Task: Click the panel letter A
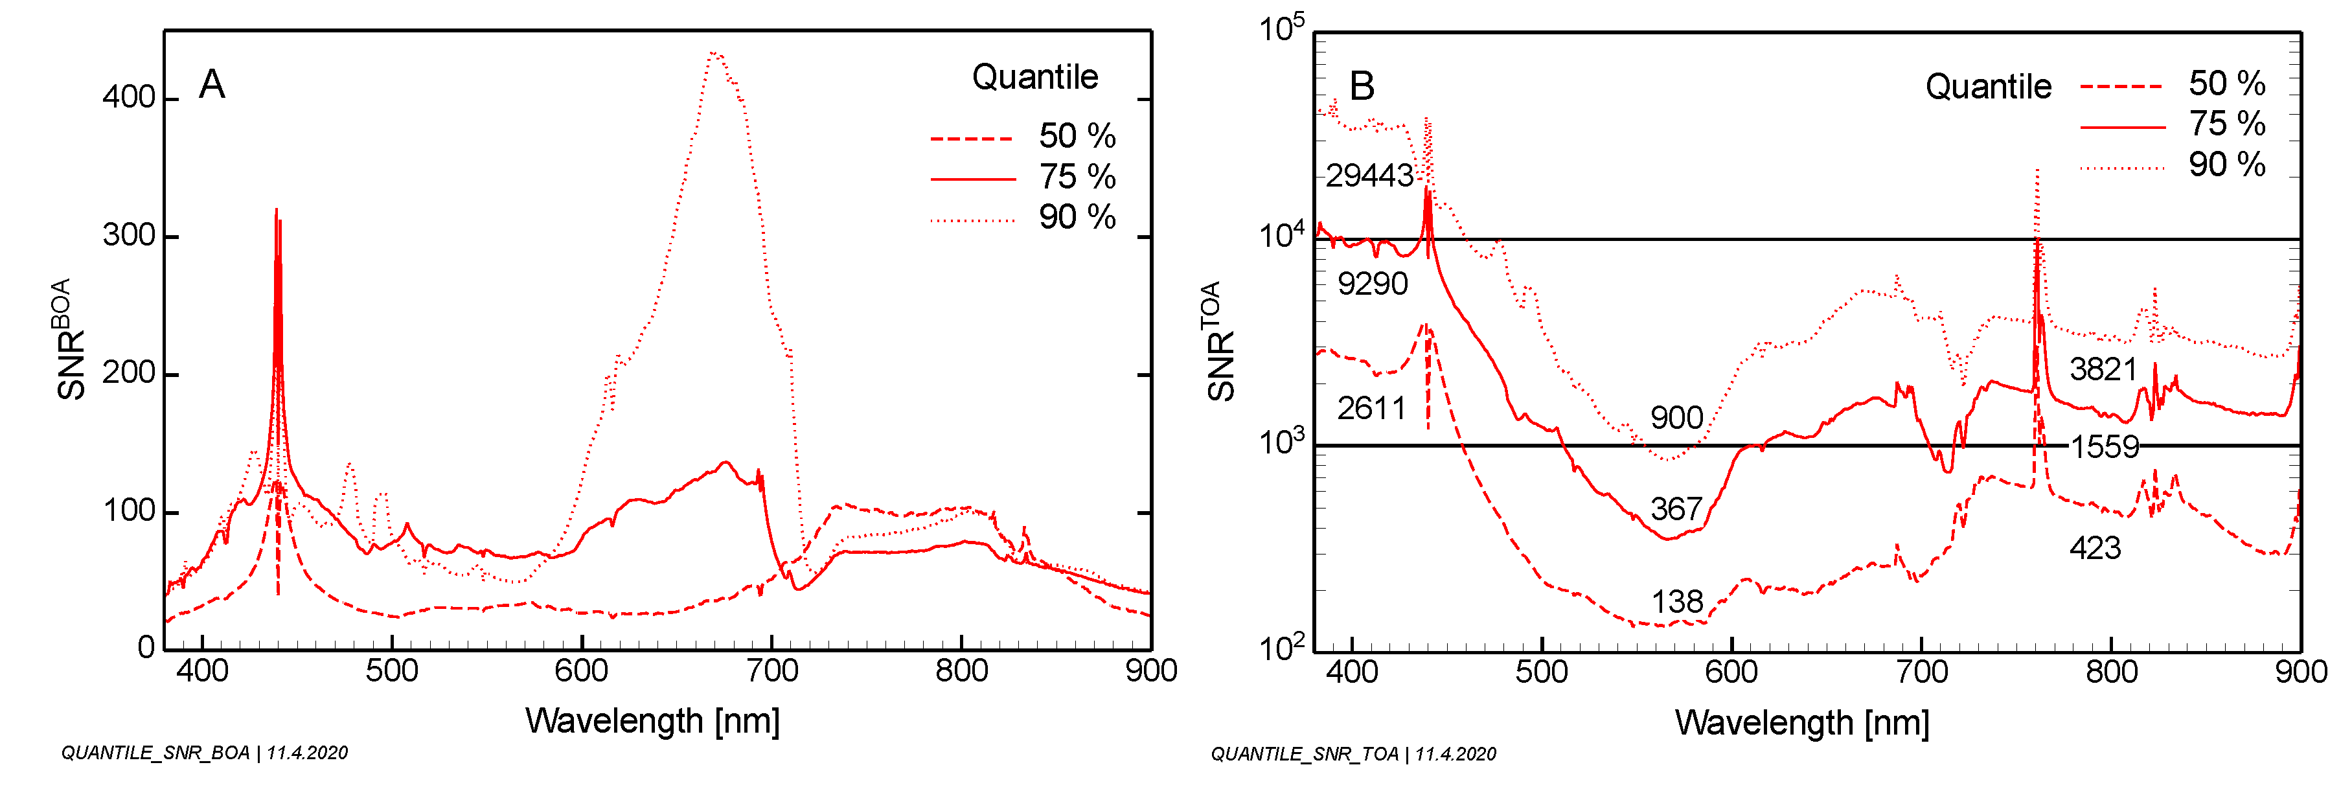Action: (x=212, y=85)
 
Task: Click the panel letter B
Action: (x=1362, y=87)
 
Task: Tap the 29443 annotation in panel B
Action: (x=1369, y=176)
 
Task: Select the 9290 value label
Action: (x=1373, y=284)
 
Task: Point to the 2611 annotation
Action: (x=1371, y=408)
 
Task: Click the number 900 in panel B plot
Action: (x=1676, y=418)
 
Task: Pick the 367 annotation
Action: (x=1676, y=509)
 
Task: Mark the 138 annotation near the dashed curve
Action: (x=1676, y=602)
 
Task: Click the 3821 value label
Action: (x=2104, y=369)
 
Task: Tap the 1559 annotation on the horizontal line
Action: (x=2105, y=446)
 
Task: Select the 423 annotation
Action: (x=2095, y=548)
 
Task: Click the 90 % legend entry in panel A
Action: (x=1077, y=218)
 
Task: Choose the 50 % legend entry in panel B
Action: (x=2226, y=84)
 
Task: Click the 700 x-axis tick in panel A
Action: (x=771, y=671)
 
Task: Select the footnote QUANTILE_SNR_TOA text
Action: (x=1353, y=754)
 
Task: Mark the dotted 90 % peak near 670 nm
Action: (x=715, y=55)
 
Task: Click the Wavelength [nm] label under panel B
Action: (x=1801, y=722)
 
